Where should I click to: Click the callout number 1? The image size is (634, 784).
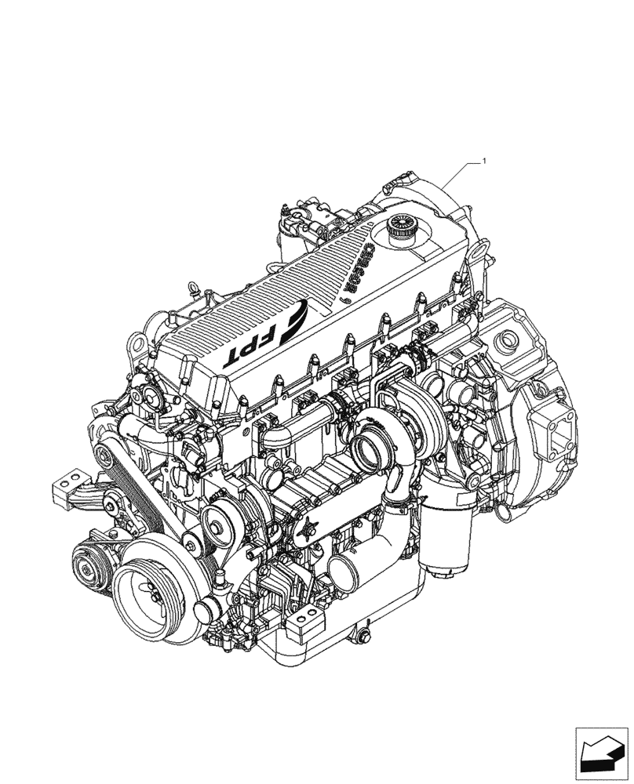[485, 162]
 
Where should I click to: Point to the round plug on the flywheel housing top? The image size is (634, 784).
[507, 339]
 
